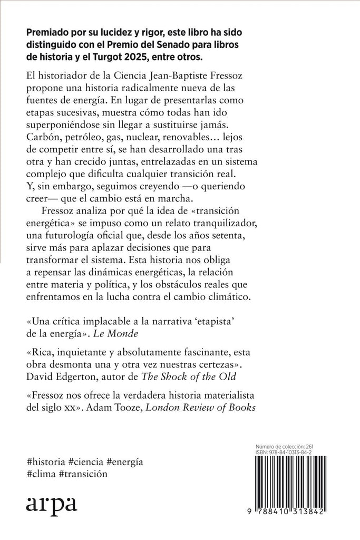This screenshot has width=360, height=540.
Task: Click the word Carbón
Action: point(44,134)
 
